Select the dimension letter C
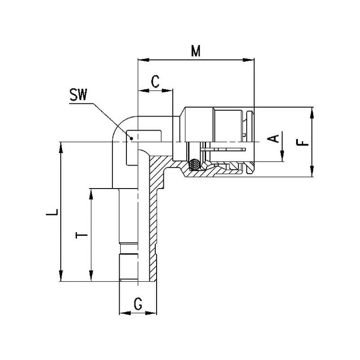(x=155, y=82)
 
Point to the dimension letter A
(x=273, y=138)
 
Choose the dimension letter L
(x=54, y=212)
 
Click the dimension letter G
(x=138, y=305)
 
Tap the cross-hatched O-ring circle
(x=195, y=165)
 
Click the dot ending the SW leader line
(x=131, y=139)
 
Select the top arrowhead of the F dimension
(x=311, y=112)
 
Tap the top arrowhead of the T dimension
(x=91, y=193)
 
